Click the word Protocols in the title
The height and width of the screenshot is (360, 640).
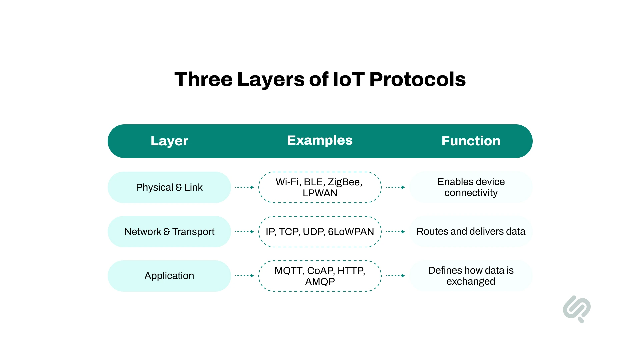click(x=417, y=79)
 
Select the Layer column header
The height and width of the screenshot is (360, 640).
click(x=169, y=141)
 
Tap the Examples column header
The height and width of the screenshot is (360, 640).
click(x=320, y=140)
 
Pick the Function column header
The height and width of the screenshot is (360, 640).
click(x=471, y=141)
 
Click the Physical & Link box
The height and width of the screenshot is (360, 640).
click(x=169, y=187)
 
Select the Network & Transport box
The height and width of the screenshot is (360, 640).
click(x=169, y=232)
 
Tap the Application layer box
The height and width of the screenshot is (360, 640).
click(x=169, y=276)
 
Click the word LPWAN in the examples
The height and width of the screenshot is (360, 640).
click(x=320, y=193)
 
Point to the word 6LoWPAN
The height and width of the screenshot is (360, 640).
click(x=351, y=232)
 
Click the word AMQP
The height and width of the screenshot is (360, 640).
click(x=320, y=282)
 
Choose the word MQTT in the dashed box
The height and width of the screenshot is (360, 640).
click(x=289, y=271)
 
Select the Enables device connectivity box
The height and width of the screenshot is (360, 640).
click(x=471, y=187)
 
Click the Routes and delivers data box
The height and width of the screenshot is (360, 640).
click(x=471, y=232)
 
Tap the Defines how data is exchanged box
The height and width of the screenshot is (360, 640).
click(x=471, y=276)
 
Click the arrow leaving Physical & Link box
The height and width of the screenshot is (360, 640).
click(x=244, y=187)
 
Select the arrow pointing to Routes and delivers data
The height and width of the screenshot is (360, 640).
click(x=395, y=232)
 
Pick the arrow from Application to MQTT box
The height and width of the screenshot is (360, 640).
click(x=244, y=276)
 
